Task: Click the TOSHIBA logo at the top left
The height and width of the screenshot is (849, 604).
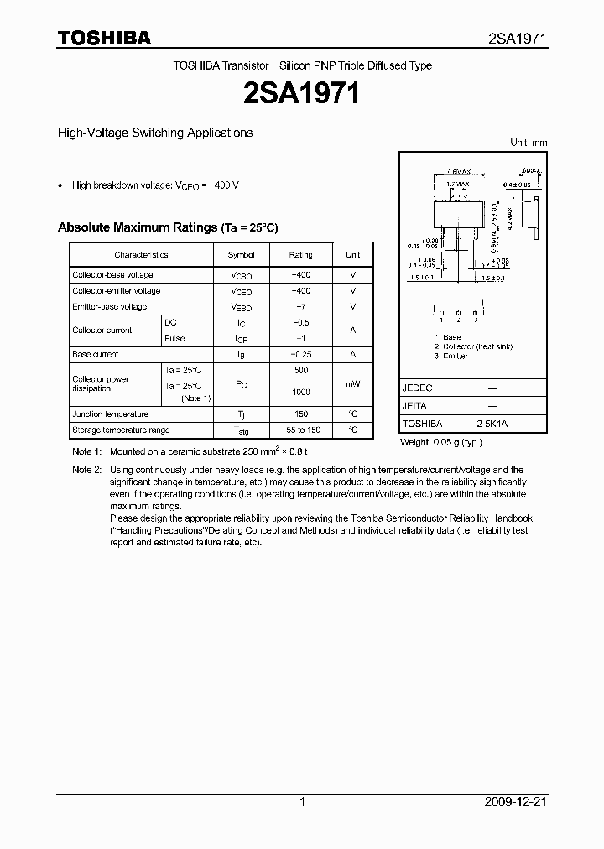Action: tap(104, 38)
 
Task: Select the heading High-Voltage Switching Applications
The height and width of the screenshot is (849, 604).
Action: tap(154, 133)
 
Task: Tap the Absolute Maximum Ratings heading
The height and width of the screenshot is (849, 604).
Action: tap(167, 227)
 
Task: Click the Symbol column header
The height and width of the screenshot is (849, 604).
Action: tap(241, 254)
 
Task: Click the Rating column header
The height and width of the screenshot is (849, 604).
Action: tap(300, 254)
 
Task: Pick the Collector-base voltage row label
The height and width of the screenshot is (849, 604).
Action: tap(112, 275)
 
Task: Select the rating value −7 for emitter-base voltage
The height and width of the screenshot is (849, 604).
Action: tap(300, 307)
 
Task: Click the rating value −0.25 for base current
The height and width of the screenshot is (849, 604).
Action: tap(300, 355)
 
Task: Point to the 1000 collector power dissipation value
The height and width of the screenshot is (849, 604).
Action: tap(300, 392)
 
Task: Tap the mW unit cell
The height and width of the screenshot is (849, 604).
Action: tap(352, 384)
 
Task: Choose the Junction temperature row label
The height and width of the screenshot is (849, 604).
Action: tap(110, 414)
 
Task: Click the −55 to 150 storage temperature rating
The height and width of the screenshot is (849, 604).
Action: tap(300, 430)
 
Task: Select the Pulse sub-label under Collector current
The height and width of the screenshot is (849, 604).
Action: tap(174, 338)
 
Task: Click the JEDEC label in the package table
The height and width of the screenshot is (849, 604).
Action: tap(417, 388)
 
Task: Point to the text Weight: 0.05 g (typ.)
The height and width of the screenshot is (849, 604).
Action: tap(440, 442)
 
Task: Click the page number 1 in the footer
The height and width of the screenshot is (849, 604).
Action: tap(302, 802)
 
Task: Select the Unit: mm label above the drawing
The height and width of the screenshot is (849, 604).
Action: tap(528, 143)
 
